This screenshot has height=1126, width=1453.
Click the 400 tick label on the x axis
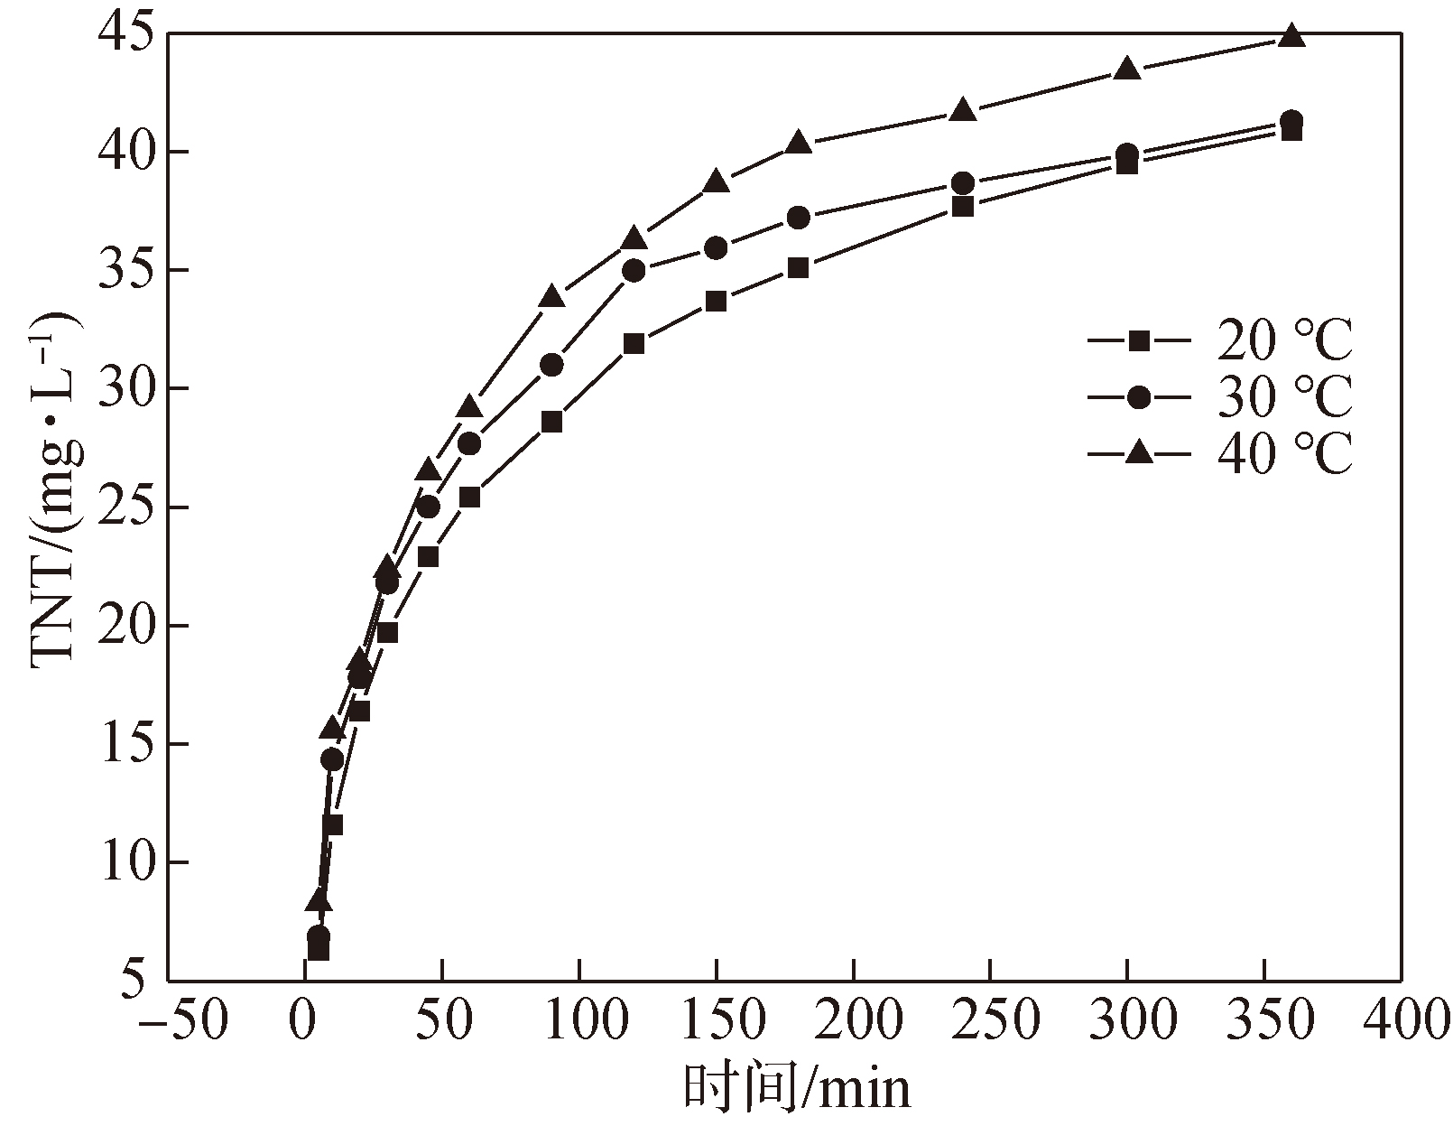click(x=1401, y=1021)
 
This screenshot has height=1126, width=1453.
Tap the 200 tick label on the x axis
click(x=854, y=1021)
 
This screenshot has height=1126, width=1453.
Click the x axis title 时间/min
click(x=796, y=1088)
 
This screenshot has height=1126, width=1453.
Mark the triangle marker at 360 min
click(x=1291, y=36)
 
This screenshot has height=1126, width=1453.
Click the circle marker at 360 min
click(x=1291, y=121)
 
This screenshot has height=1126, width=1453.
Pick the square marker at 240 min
click(x=963, y=207)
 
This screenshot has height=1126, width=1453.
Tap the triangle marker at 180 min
click(x=798, y=143)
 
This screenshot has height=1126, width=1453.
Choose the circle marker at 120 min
click(x=634, y=271)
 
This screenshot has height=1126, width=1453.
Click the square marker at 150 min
click(x=717, y=302)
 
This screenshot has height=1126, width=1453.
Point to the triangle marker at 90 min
click(x=552, y=297)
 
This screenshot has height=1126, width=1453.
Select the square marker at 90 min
click(x=552, y=422)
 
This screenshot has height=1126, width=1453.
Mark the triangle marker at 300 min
click(x=1127, y=69)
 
